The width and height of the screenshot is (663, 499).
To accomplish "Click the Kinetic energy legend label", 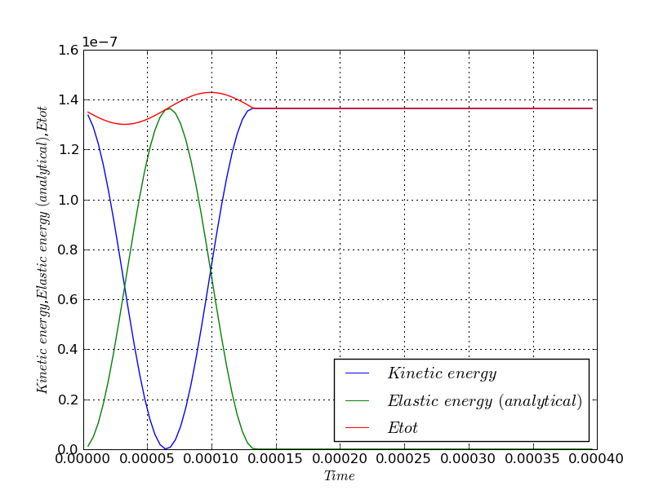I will tap(442, 374).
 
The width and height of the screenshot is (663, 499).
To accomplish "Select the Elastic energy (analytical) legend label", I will tap(484, 401).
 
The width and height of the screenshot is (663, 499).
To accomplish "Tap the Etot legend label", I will tap(403, 427).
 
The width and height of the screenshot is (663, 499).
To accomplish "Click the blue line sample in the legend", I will tap(358, 374).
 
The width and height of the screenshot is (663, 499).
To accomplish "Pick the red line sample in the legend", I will tap(358, 427).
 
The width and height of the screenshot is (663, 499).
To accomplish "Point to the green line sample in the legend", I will tap(358, 401).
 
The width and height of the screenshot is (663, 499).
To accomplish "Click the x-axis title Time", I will tap(339, 476).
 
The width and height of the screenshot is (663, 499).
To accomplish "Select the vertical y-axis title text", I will tap(42, 249).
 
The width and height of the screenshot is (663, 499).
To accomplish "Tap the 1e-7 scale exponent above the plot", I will tap(100, 42).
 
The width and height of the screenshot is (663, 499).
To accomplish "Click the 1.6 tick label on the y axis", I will tap(70, 51).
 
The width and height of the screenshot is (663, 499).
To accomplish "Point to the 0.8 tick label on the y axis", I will tap(70, 250).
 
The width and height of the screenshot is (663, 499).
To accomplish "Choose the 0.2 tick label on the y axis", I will tap(70, 400).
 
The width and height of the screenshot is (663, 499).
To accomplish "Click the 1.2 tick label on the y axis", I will tap(70, 150).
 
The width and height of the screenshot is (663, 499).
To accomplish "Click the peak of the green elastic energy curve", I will tap(168, 108).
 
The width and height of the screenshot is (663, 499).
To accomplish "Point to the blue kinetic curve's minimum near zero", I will tap(167, 448).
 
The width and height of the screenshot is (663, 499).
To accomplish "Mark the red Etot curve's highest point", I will tap(211, 92).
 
